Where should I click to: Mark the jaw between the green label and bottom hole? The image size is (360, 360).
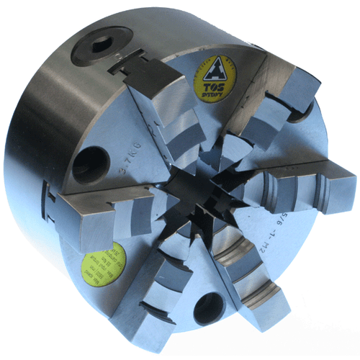[x=151, y=288]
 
